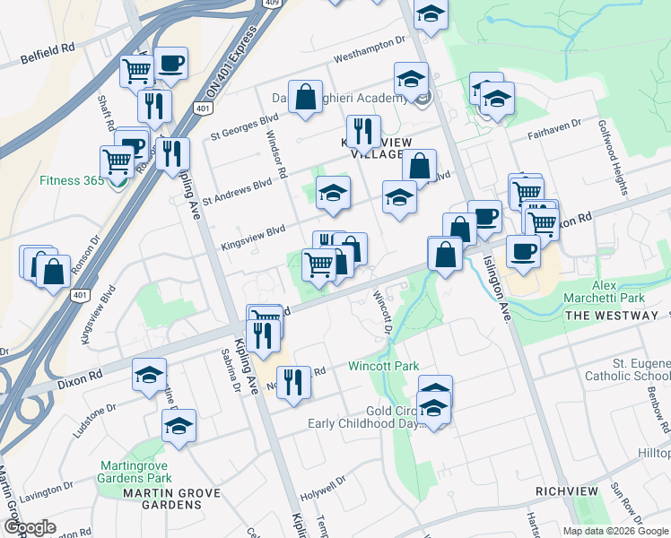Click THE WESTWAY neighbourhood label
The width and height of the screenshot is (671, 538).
pyautogui.click(x=612, y=316)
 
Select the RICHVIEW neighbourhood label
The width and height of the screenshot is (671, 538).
pyautogui.click(x=572, y=491)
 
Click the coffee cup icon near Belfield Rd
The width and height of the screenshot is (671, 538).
pyautogui.click(x=170, y=64)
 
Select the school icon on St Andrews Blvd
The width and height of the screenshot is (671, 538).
pyautogui.click(x=333, y=193)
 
